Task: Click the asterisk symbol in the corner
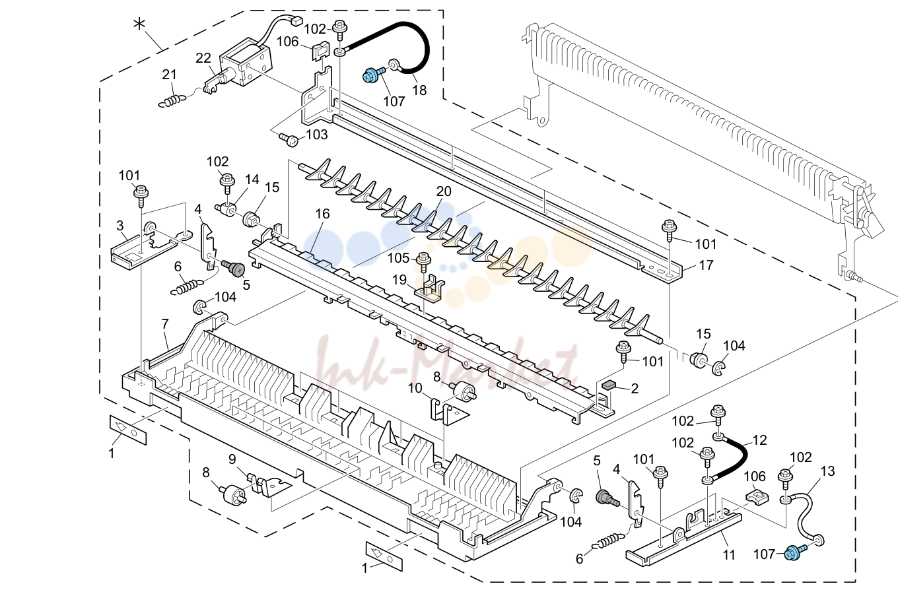tap(139, 25)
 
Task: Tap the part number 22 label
tap(203, 58)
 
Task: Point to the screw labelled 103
tap(289, 139)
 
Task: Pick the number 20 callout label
tap(444, 191)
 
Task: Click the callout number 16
tap(323, 214)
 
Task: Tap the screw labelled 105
tap(423, 261)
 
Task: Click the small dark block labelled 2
tap(608, 385)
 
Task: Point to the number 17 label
tap(706, 265)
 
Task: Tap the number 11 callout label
tap(729, 555)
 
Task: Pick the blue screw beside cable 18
tap(373, 75)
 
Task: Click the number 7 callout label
tap(165, 323)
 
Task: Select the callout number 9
tap(232, 459)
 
